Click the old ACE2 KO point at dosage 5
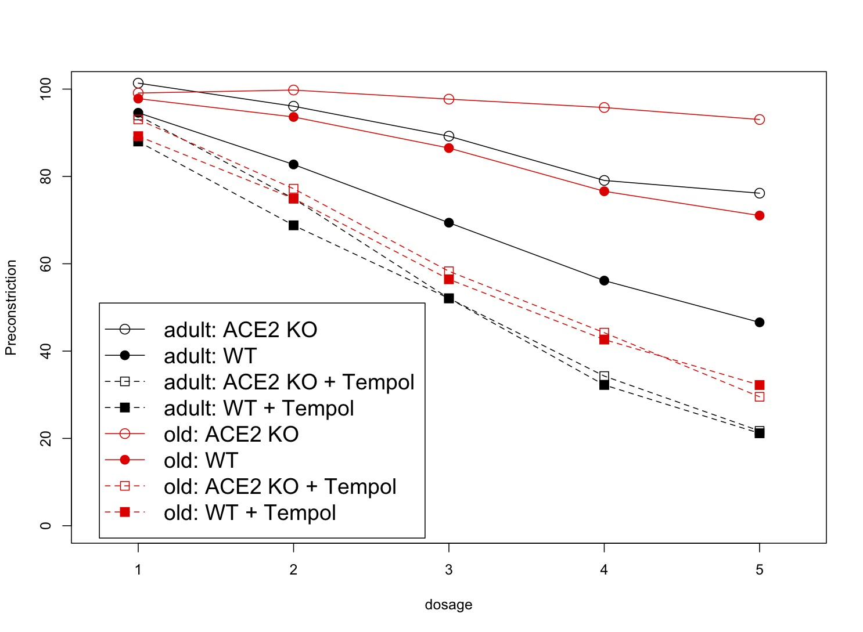click(759, 120)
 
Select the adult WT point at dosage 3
click(448, 223)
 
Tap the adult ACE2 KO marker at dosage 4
click(604, 180)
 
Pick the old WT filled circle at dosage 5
click(759, 215)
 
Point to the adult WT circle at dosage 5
click(759, 322)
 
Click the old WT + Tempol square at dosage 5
click(759, 385)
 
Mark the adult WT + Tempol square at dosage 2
click(293, 225)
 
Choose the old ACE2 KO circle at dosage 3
click(448, 99)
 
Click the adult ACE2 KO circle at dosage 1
click(138, 83)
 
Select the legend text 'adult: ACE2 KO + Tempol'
click(289, 382)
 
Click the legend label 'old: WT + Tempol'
click(250, 512)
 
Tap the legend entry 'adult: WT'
click(210, 356)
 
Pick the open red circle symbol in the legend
click(124, 434)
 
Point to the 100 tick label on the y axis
click(45, 89)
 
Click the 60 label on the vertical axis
click(45, 264)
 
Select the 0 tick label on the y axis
click(45, 526)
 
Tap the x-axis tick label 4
click(604, 570)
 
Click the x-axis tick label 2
click(293, 570)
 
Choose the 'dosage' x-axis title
click(448, 605)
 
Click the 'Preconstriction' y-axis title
click(11, 307)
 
